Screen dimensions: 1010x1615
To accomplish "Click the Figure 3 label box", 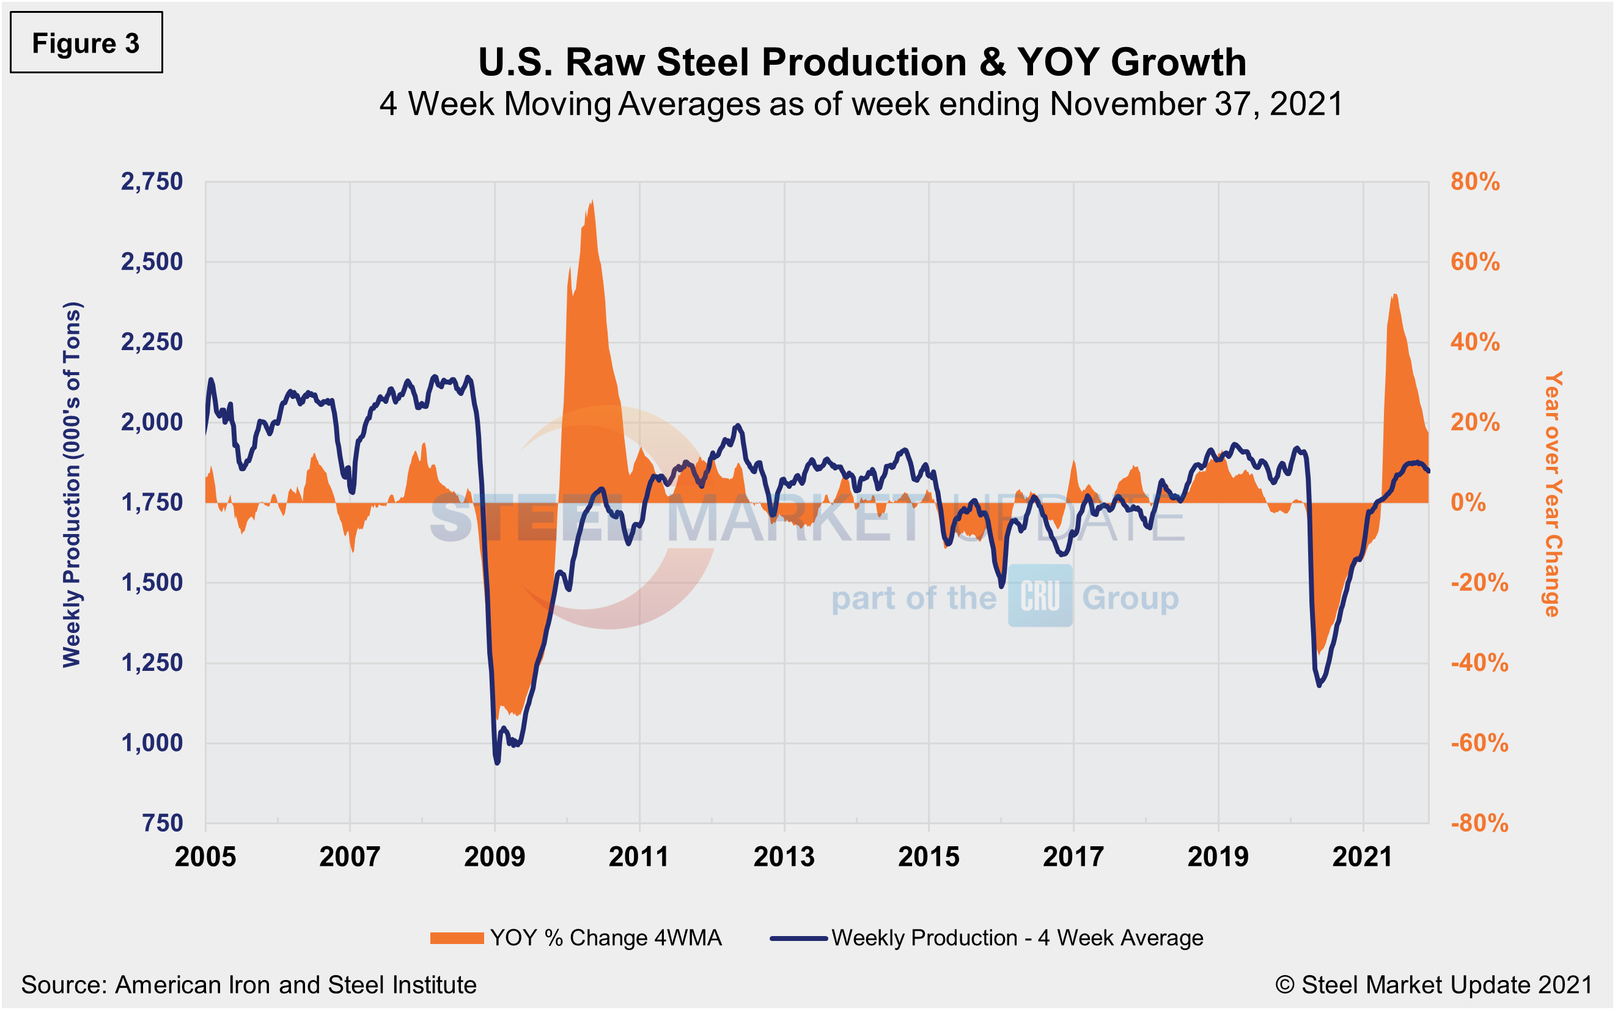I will pos(86,43).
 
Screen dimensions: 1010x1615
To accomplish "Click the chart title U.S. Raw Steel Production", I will pos(862,62).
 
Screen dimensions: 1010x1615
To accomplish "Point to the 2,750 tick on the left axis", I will pos(152,181).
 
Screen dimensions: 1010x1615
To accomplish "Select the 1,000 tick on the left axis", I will pos(152,743).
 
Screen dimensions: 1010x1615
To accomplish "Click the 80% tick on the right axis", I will pos(1474,181).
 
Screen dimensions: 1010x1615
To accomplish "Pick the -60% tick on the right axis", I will pos(1479,743).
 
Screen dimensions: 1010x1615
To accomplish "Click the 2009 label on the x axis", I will pos(495,857).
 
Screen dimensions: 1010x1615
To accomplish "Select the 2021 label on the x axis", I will pos(1363,857).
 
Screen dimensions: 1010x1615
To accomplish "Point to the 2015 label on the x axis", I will pos(928,857).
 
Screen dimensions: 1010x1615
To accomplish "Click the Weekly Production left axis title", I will pos(72,485).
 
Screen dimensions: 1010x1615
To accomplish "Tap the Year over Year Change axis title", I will pos(1553,494).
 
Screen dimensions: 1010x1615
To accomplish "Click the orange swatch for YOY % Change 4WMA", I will pos(457,938).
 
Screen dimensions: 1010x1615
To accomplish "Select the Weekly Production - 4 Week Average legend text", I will pos(1017,938).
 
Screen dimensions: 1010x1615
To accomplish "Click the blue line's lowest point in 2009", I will pos(497,762).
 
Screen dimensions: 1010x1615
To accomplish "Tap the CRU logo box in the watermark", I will pos(1040,596).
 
